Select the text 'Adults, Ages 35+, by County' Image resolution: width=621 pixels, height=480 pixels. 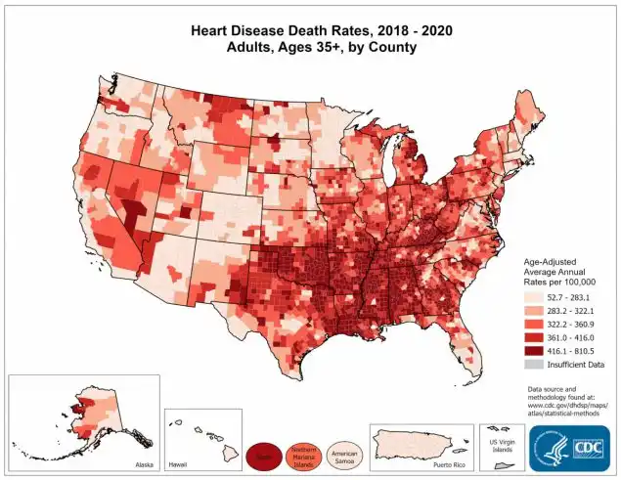click(311, 47)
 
